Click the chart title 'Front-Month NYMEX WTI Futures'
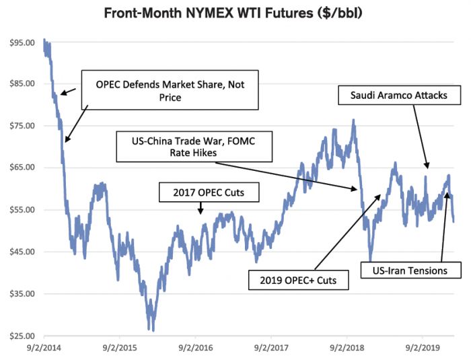[x=235, y=13]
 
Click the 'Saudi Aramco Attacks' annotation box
[x=398, y=96]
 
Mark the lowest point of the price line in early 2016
[x=153, y=330]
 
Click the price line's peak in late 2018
[x=354, y=120]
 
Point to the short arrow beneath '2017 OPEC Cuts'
[x=200, y=208]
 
